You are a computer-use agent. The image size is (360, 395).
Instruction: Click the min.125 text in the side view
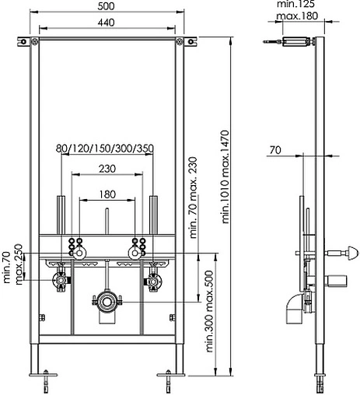click(x=295, y=5)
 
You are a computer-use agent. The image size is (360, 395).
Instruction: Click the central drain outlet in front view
click(x=107, y=301)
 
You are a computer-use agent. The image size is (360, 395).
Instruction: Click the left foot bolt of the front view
click(x=48, y=381)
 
